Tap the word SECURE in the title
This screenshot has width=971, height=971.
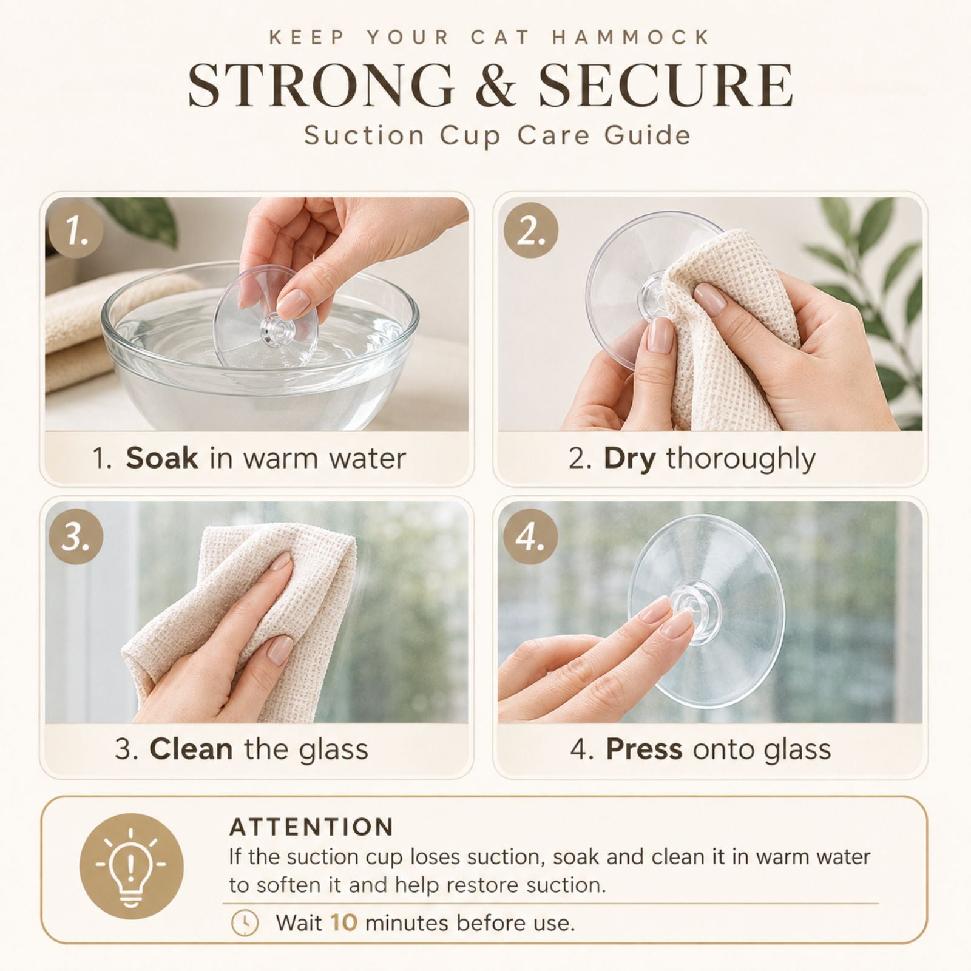click(x=666, y=85)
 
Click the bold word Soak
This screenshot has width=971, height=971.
click(x=161, y=458)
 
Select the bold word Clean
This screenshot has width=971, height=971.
click(x=191, y=749)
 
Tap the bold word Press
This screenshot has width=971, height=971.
click(x=644, y=749)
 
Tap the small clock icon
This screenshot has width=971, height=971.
click(x=245, y=923)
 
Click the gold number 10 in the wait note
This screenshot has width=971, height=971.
click(x=344, y=923)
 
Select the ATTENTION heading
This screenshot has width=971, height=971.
click(x=311, y=827)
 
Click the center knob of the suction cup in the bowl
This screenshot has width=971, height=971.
click(x=278, y=328)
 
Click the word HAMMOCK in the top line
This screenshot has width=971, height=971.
click(x=631, y=38)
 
